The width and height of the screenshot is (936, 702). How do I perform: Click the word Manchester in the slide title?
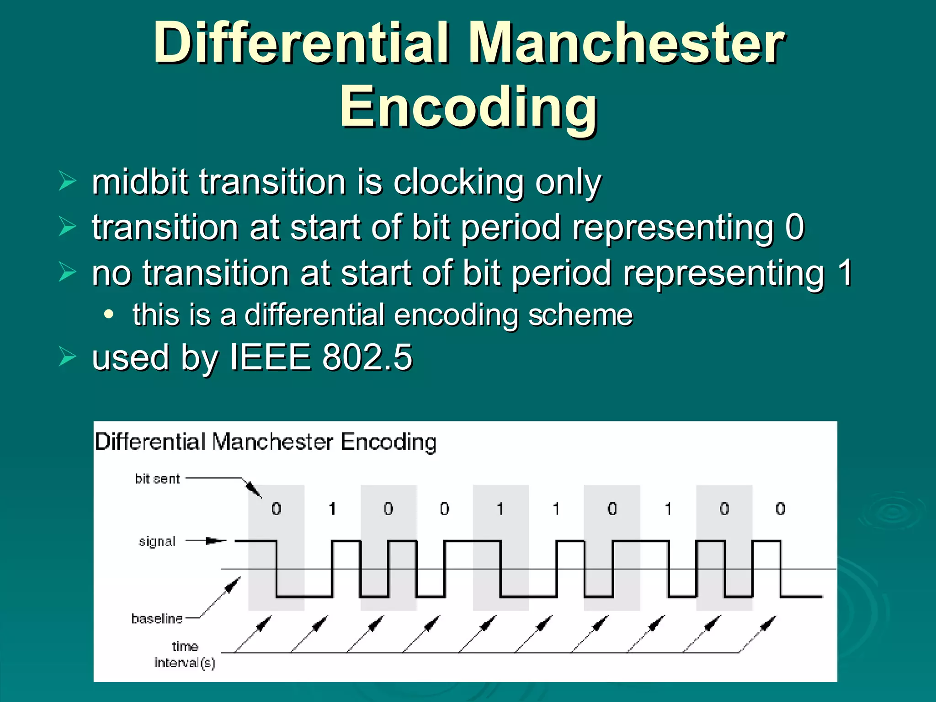pyautogui.click(x=627, y=43)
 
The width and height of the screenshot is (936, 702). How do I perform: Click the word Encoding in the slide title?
pyautogui.click(x=468, y=107)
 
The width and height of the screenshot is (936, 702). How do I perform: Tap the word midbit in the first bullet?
pyautogui.click(x=140, y=182)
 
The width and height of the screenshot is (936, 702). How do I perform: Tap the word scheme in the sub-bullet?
pyautogui.click(x=580, y=315)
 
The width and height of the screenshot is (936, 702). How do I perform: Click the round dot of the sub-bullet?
pyautogui.click(x=108, y=314)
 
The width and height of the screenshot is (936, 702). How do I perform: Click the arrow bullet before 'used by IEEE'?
pyautogui.click(x=68, y=356)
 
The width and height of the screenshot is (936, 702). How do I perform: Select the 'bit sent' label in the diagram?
pyautogui.click(x=157, y=479)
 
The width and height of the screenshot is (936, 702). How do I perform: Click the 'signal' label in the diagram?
pyautogui.click(x=157, y=542)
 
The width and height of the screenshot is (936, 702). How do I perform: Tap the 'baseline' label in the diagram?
pyautogui.click(x=157, y=618)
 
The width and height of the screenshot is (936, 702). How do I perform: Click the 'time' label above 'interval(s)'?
pyautogui.click(x=185, y=646)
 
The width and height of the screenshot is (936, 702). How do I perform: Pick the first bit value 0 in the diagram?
pyautogui.click(x=276, y=509)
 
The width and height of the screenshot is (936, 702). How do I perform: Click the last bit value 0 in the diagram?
pyautogui.click(x=780, y=509)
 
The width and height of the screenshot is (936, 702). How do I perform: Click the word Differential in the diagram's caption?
pyautogui.click(x=149, y=442)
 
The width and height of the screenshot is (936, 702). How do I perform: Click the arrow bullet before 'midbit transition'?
pyautogui.click(x=68, y=181)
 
